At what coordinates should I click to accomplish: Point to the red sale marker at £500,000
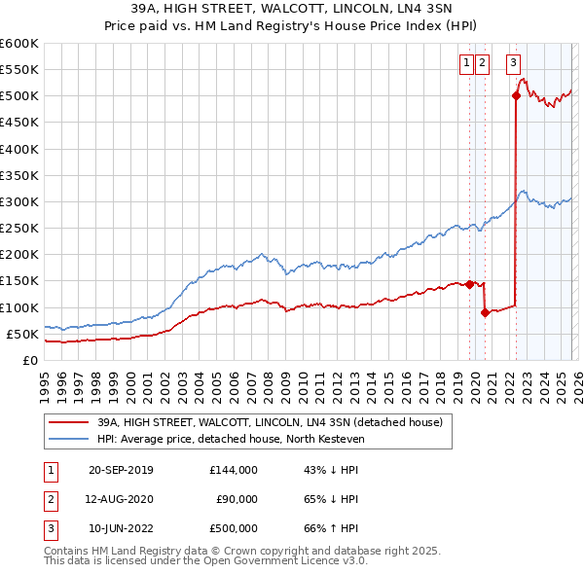(x=515, y=95)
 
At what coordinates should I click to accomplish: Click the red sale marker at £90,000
(x=485, y=312)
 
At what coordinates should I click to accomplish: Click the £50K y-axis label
(x=23, y=334)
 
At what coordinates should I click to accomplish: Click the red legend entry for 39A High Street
(x=270, y=422)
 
